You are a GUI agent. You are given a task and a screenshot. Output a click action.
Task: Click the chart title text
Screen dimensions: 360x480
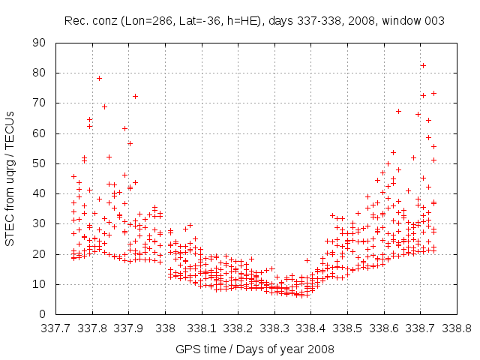pyautogui.click(x=254, y=21)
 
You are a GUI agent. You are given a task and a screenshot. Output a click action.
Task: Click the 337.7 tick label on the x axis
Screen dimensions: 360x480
pyautogui.click(x=56, y=328)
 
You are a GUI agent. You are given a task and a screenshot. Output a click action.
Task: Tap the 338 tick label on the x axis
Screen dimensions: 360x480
pyautogui.click(x=166, y=328)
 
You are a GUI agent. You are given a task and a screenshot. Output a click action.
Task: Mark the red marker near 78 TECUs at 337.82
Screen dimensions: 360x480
pyautogui.click(x=99, y=78)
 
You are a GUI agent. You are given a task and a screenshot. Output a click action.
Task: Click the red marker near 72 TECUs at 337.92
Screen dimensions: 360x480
pyautogui.click(x=135, y=96)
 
